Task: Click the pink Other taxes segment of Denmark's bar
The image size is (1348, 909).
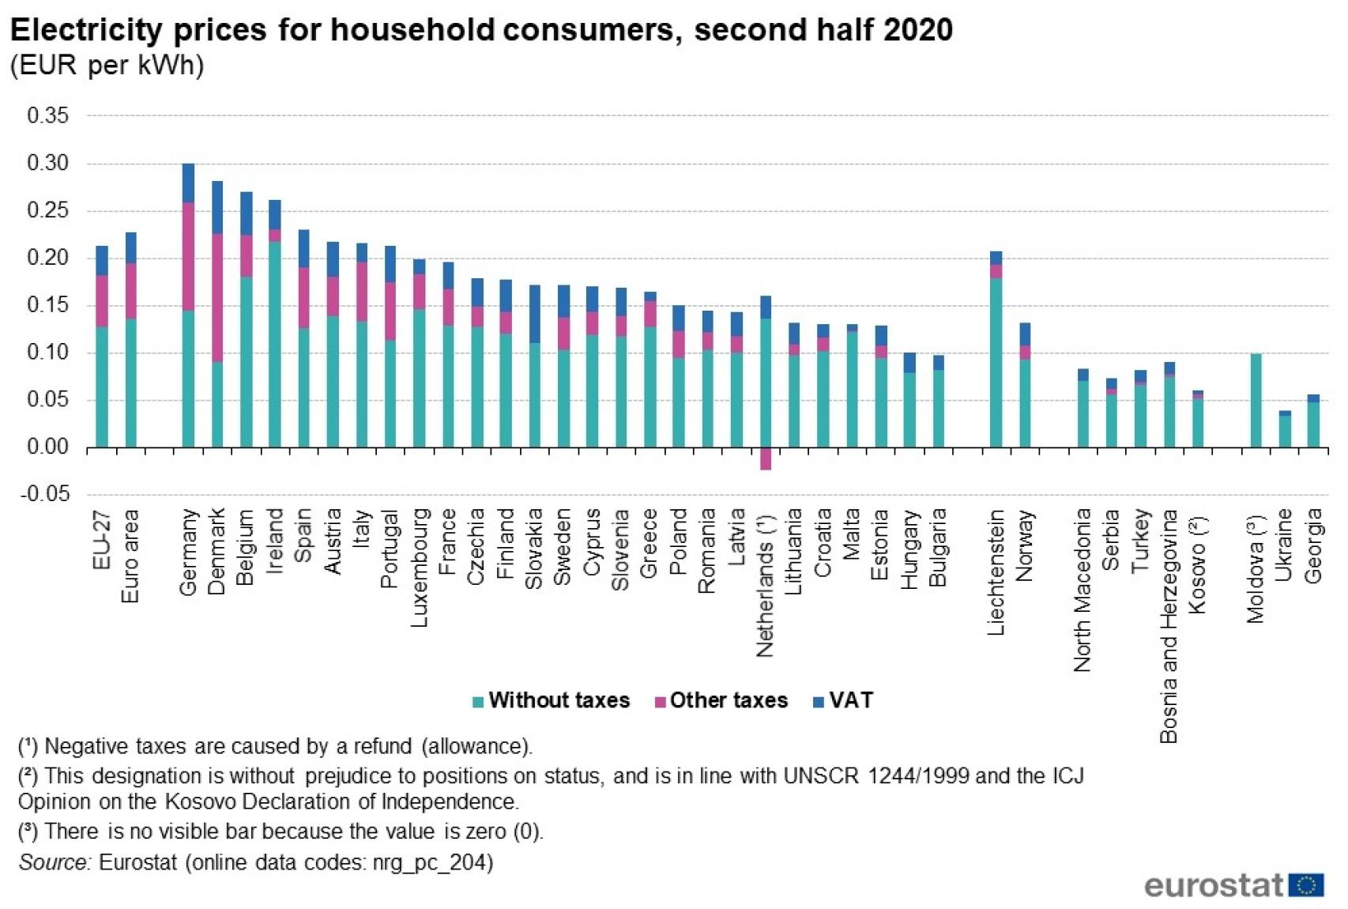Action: click(217, 297)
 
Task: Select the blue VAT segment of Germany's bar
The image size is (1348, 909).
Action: click(188, 183)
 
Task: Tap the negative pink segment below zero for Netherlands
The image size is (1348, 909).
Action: click(765, 459)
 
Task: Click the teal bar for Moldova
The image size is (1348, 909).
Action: click(1256, 401)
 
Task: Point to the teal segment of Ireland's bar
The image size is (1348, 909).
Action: click(275, 344)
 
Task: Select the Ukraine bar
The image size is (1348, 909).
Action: click(1285, 431)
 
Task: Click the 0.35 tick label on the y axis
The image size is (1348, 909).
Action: click(47, 115)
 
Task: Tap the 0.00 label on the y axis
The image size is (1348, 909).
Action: click(47, 447)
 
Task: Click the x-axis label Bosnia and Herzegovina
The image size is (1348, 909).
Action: click(1169, 625)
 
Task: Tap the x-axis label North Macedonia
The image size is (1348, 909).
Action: click(1083, 590)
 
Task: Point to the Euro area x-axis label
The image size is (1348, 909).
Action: click(130, 556)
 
